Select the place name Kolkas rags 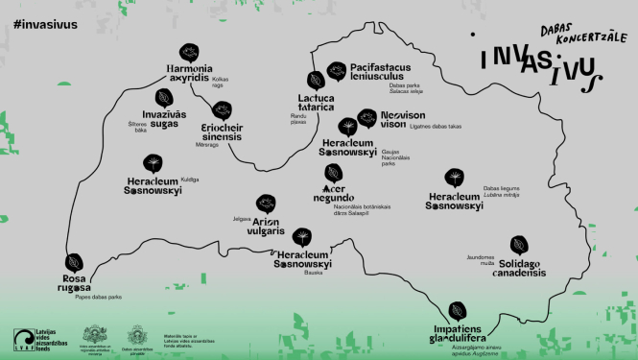249,83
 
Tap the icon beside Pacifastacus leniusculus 336,70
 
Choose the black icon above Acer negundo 334,172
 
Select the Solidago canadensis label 521,268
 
